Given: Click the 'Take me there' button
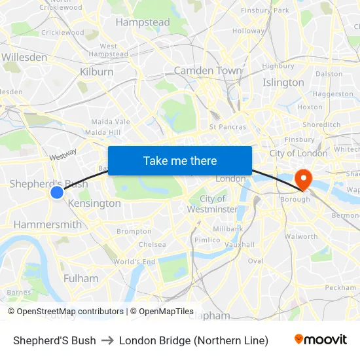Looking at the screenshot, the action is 180,160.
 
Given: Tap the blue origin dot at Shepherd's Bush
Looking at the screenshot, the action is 57,192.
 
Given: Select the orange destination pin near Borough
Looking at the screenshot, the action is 304,177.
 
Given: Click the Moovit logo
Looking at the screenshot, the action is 320,340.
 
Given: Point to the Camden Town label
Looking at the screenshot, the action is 207,71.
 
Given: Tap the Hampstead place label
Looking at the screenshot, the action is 143,22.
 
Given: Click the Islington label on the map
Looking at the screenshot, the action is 283,82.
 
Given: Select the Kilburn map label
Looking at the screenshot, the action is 98,71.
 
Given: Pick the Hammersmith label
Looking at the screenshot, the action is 48,225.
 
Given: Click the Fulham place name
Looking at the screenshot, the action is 81,278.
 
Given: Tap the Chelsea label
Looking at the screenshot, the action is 152,244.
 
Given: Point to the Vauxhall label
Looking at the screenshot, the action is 239,244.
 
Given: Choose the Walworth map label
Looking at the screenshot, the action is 301,236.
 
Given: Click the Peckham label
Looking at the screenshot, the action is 340,287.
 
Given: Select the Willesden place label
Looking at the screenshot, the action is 24,57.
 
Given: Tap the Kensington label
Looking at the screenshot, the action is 94,204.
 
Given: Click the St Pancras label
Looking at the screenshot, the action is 228,126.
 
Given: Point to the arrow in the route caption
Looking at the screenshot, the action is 107,340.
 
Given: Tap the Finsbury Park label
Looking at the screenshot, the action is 264,10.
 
